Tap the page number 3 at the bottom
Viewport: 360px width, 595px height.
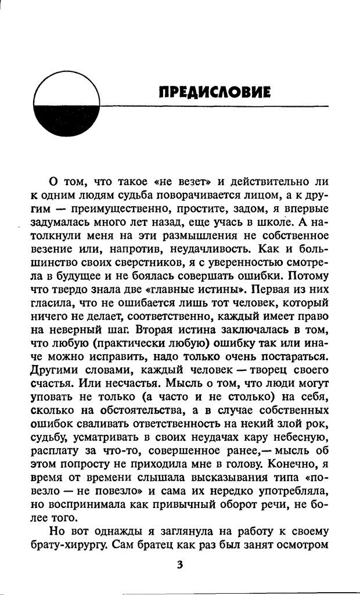click(x=179, y=565)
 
